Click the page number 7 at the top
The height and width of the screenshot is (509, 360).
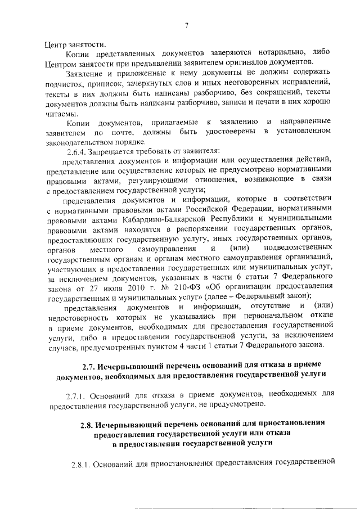(186, 24)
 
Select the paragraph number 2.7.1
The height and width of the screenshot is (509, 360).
(77, 394)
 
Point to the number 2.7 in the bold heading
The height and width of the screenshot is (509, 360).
(88, 367)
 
